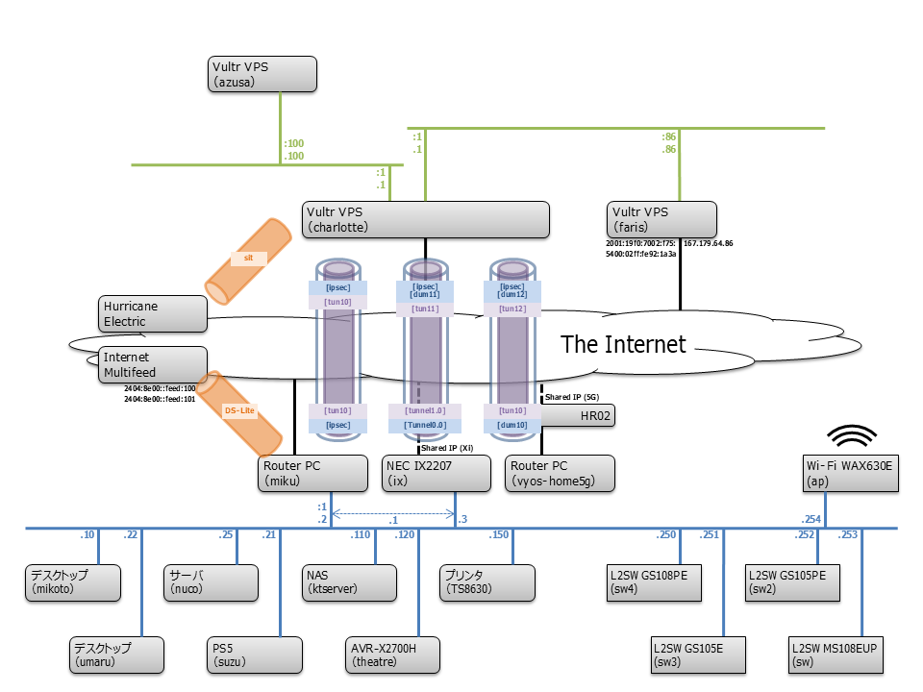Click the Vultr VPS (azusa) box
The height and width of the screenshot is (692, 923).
pyautogui.click(x=262, y=74)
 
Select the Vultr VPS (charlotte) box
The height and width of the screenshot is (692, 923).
pyautogui.click(x=426, y=219)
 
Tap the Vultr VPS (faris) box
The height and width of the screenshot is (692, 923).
pyautogui.click(x=662, y=219)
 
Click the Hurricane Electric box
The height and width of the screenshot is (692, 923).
pyautogui.click(x=153, y=313)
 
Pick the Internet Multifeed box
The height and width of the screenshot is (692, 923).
pyautogui.click(x=153, y=364)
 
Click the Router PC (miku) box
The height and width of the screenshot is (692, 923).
pyautogui.click(x=312, y=474)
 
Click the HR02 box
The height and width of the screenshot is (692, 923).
pyautogui.click(x=577, y=415)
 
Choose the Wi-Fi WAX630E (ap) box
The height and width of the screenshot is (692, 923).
pyautogui.click(x=851, y=474)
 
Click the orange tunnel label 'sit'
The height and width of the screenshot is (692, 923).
pyautogui.click(x=247, y=258)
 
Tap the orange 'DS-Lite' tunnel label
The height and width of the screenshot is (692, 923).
pyautogui.click(x=240, y=410)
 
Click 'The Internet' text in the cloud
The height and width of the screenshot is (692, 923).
pyautogui.click(x=623, y=344)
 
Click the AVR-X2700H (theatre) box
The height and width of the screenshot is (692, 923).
pyautogui.click(x=394, y=655)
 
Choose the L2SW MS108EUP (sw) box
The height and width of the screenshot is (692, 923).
pyautogui.click(x=834, y=655)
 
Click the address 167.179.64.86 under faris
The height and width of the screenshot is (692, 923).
pyautogui.click(x=708, y=244)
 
